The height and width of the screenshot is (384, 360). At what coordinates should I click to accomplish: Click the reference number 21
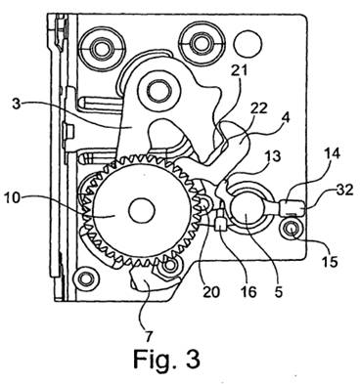click(239, 71)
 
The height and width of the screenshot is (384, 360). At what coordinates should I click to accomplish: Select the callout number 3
click(16, 106)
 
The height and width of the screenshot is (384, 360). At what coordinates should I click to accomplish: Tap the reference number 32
click(344, 190)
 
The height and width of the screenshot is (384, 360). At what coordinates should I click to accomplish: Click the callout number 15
click(329, 261)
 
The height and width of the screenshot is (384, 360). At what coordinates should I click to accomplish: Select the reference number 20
click(210, 292)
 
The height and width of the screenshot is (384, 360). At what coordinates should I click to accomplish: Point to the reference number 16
click(248, 292)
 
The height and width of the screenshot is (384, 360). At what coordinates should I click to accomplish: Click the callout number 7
click(149, 336)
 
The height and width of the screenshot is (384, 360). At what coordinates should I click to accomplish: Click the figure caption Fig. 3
click(166, 360)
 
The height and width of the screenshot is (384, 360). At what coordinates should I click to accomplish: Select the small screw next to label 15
click(292, 230)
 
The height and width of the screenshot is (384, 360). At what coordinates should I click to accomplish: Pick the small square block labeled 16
click(221, 224)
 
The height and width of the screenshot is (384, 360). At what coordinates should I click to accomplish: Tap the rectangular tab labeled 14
click(287, 207)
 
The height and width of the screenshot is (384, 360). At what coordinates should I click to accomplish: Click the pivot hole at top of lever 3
click(159, 89)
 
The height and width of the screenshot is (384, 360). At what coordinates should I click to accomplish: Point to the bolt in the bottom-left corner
click(86, 277)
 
